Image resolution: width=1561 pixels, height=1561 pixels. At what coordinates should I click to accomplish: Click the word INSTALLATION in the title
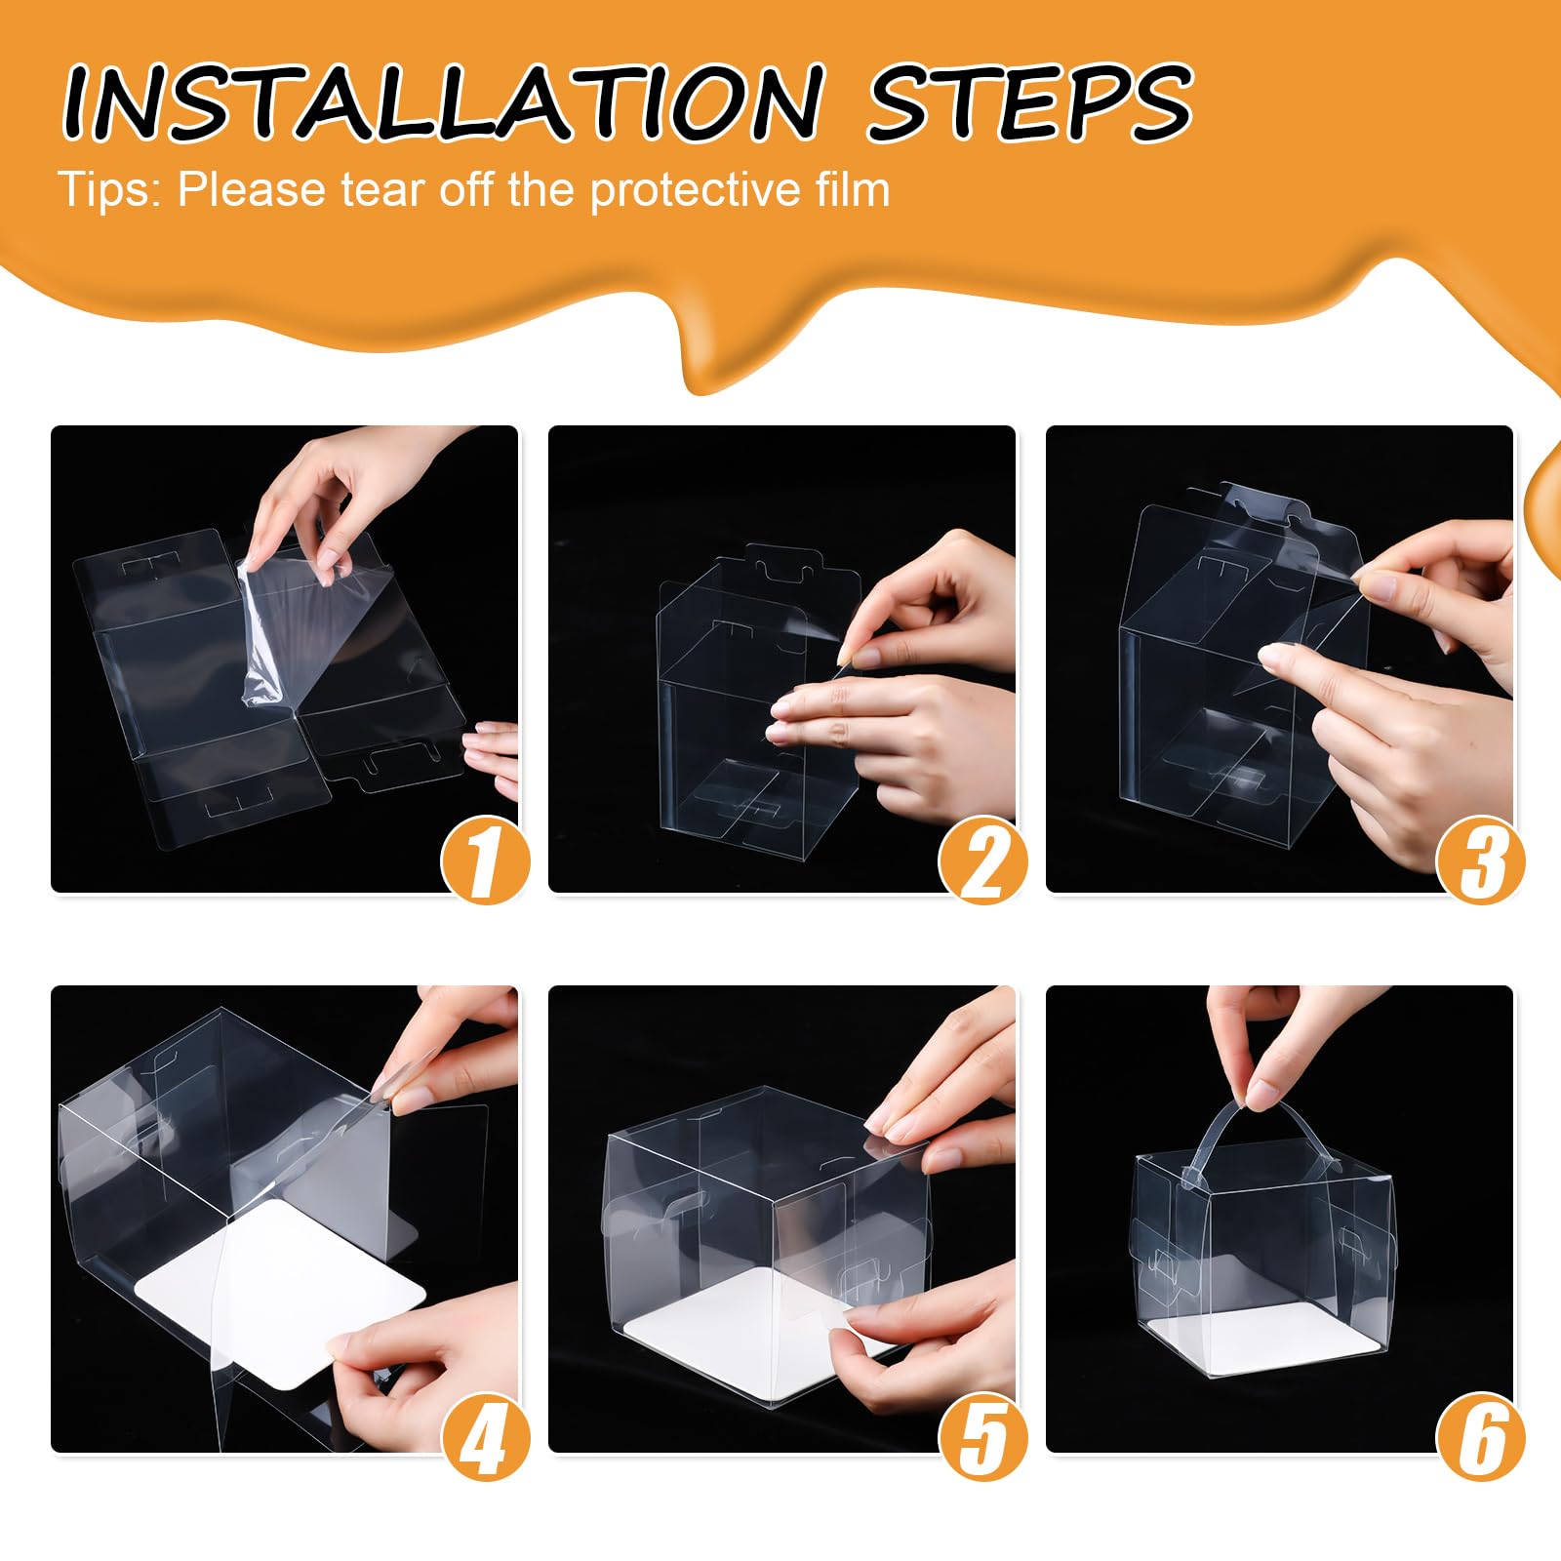coord(444,102)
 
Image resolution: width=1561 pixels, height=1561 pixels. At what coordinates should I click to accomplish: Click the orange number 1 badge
coord(485,861)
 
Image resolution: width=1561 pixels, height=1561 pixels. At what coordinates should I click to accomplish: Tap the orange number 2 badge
coord(982,861)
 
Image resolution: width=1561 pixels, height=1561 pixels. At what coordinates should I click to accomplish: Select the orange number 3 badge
coord(1480,861)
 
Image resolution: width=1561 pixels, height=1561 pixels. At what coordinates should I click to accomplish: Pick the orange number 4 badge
coord(485,1436)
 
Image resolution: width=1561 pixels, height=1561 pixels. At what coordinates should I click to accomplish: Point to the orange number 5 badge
coord(982,1436)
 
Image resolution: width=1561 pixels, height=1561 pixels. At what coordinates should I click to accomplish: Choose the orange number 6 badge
coord(1480,1436)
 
